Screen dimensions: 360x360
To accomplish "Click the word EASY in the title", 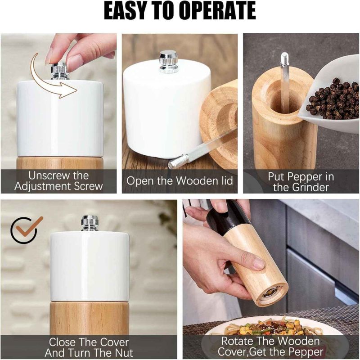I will tap(128, 11).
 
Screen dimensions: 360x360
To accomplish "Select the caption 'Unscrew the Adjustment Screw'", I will tap(58, 181).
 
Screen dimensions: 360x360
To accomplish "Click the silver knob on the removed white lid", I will tap(168, 62).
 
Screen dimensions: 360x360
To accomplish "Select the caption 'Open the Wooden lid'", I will tap(180, 181).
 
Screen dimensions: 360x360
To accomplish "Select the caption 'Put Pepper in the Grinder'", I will tap(301, 181).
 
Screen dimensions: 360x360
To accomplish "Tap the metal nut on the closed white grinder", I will tap(90, 223).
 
